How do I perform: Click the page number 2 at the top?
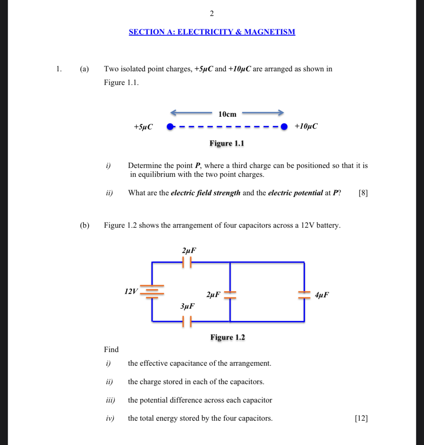pos(212,14)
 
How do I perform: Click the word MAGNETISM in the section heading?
pos(269,32)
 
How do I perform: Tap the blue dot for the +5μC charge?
pos(170,127)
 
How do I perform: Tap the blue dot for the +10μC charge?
pos(284,127)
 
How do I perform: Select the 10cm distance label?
pos(227,114)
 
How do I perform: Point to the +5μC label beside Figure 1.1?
pos(143,127)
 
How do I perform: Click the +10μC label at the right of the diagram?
pos(306,126)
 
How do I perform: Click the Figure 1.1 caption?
pos(227,143)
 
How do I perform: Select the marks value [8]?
pos(363,193)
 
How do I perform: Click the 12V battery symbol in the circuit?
pos(152,291)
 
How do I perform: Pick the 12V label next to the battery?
pos(131,291)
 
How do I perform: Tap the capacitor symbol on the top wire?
pos(187,262)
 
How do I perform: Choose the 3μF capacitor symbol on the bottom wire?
pos(187,321)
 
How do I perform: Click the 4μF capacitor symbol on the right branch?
pos(304,294)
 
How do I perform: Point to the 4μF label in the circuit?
pos(322,295)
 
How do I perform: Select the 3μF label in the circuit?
pos(187,306)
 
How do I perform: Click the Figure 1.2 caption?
pos(228,337)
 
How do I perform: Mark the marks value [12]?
pos(361,418)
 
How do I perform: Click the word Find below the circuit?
pos(111,350)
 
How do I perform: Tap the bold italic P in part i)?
pos(197,166)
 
